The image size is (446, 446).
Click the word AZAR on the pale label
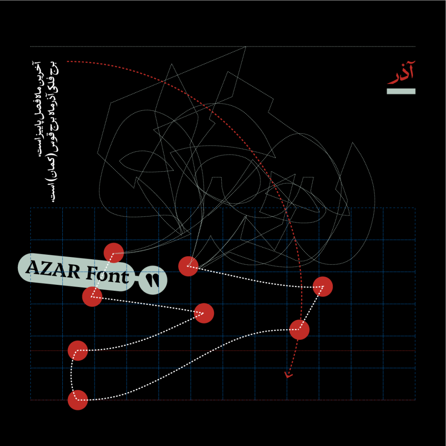click(53, 269)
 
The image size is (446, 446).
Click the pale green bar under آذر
click(401, 91)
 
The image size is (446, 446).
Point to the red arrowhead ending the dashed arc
click(288, 375)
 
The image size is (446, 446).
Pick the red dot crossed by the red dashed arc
click(299, 330)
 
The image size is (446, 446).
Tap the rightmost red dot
click(323, 287)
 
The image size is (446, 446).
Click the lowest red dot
click(78, 400)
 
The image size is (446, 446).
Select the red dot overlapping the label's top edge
click(114, 253)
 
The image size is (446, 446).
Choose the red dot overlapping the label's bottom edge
click(92, 297)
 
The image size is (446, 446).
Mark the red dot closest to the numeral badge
click(188, 266)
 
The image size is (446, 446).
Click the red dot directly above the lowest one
click(78, 351)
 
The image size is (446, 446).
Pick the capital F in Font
click(91, 273)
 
